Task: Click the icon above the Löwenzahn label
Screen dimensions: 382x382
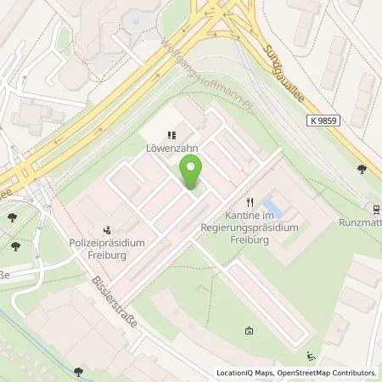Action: (172, 134)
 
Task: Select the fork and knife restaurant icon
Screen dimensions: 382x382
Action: (250, 202)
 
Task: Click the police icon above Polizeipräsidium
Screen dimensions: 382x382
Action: (107, 228)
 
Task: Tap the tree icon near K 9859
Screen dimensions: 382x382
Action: (363, 169)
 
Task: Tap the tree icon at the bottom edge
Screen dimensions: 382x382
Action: (78, 371)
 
